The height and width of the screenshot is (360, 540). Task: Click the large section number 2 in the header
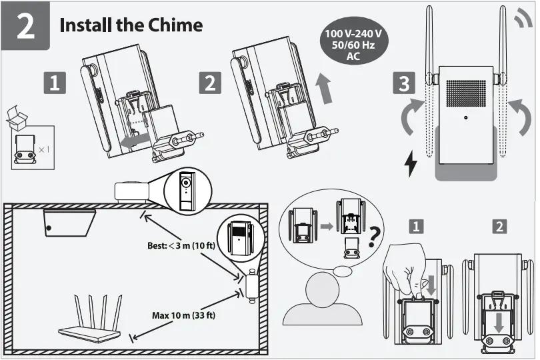(x=25, y=27)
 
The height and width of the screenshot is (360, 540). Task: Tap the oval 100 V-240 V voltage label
(x=353, y=45)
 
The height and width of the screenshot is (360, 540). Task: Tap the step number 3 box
(x=403, y=84)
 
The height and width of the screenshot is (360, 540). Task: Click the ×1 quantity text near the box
(x=44, y=149)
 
